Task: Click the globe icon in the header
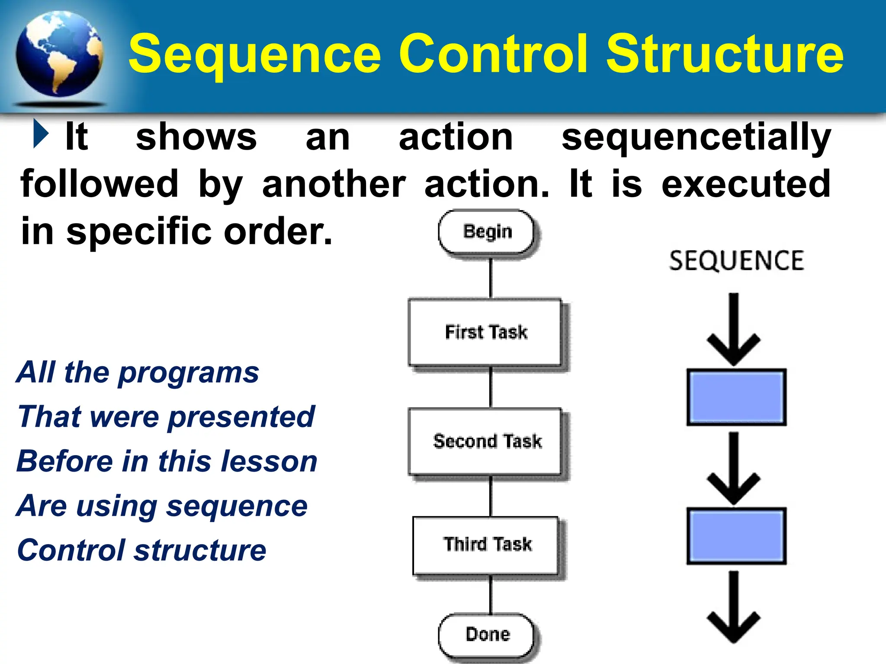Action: click(59, 54)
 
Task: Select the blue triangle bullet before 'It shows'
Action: click(41, 134)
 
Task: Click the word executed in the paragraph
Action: click(746, 184)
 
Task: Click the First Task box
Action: click(485, 332)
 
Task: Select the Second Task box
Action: click(485, 441)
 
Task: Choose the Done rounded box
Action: click(486, 635)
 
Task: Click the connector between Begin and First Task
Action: click(491, 278)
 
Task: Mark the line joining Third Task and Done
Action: click(491, 594)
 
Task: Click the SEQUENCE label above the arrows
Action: click(736, 261)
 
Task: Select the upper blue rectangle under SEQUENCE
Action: click(736, 397)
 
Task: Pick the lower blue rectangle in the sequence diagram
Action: click(736, 536)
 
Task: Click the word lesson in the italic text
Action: click(269, 461)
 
